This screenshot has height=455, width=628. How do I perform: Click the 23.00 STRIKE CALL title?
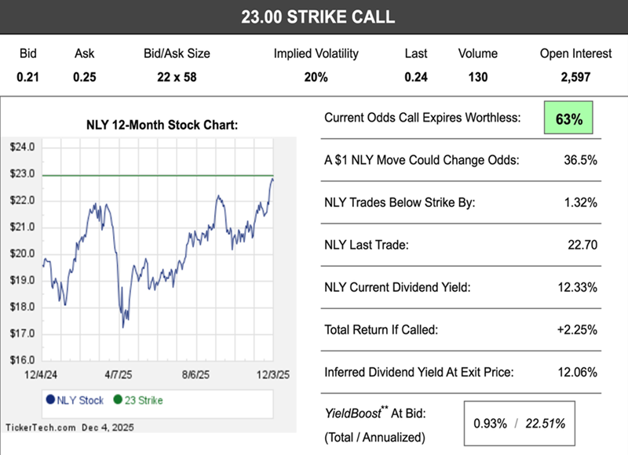(318, 16)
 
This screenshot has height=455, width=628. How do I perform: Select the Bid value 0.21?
(28, 77)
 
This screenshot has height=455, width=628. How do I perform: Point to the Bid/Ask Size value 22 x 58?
(176, 77)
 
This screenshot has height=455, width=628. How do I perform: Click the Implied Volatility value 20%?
(316, 77)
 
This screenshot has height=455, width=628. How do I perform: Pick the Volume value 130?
(477, 77)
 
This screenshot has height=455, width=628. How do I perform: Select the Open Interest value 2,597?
(575, 77)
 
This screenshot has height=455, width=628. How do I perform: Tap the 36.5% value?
(580, 160)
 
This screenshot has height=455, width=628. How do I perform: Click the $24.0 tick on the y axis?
(21, 147)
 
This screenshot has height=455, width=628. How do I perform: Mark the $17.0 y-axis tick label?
(21, 333)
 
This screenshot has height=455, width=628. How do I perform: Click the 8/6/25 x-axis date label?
(197, 376)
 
